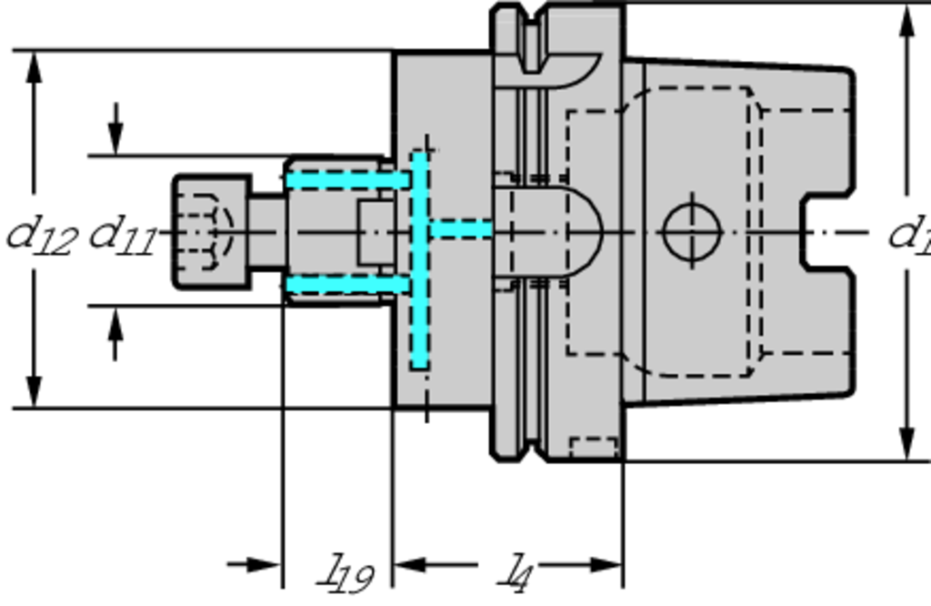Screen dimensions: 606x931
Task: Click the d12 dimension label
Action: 41,235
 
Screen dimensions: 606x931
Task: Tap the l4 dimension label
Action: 516,573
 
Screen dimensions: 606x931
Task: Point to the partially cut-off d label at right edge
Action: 908,233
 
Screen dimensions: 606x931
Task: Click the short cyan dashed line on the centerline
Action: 461,228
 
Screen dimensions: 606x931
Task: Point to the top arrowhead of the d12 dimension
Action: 35,66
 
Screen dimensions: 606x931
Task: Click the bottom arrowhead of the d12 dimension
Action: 35,392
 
